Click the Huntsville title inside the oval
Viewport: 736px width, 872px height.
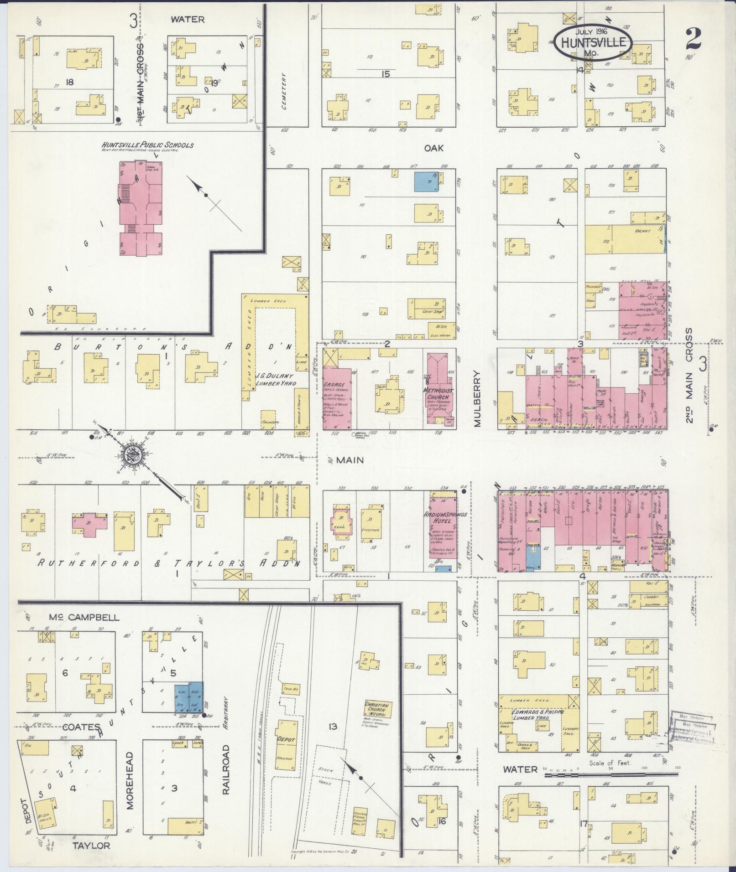point(593,43)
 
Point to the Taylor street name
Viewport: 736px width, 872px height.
point(92,858)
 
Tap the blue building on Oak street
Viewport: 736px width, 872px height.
point(425,181)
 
